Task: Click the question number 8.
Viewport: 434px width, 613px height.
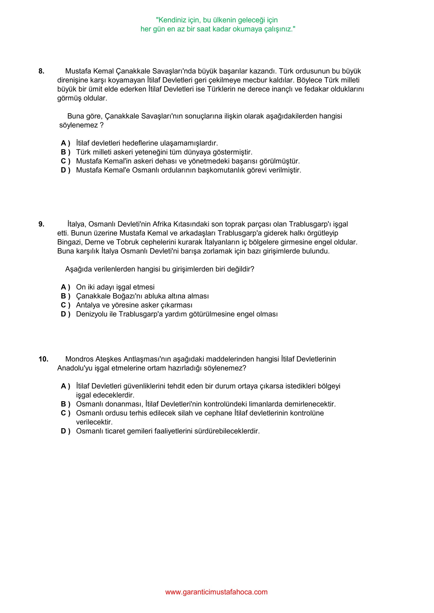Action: (41, 71)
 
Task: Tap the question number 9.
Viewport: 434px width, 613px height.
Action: (41, 224)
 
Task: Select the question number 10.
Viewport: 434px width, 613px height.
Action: (43, 359)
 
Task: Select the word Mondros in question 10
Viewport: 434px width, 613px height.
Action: (79, 359)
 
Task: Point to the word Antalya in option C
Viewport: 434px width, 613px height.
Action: (88, 305)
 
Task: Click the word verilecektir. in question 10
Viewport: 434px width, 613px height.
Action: (94, 422)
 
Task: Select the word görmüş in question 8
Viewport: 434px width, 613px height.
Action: (69, 98)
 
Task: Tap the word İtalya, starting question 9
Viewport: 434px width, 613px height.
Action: (77, 224)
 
